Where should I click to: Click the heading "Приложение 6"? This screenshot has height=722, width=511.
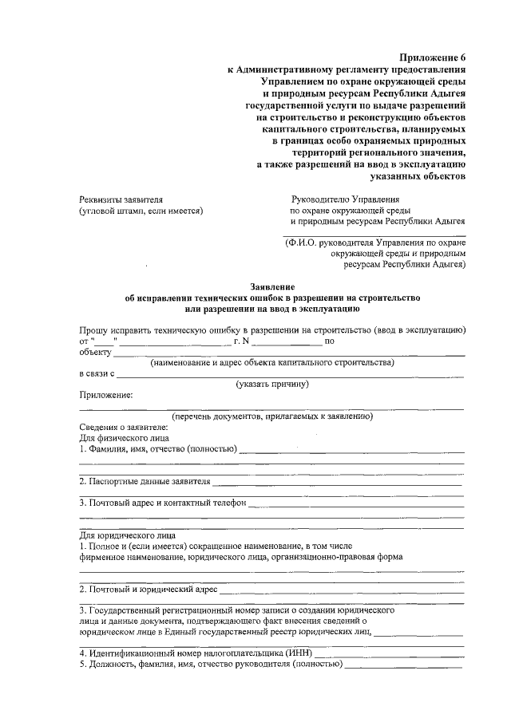pos(432,57)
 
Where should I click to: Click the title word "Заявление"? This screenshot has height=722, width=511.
pos(272,286)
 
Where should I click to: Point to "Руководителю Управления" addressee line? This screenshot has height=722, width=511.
pos(344,199)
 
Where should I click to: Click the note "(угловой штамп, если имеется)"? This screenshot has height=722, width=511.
pos(141,211)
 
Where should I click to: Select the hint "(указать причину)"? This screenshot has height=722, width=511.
pos(272,384)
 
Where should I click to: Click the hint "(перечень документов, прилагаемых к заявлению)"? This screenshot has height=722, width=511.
pos(272,416)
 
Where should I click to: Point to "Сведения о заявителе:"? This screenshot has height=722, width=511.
pos(124,427)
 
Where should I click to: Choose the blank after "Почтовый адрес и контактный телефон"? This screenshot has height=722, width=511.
pos(356,503)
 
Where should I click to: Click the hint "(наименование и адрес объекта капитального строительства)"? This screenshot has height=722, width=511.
pos(272,362)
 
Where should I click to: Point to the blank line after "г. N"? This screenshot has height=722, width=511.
pos(287,341)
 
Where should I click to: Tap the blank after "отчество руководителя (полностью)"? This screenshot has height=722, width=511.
pos(402,664)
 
